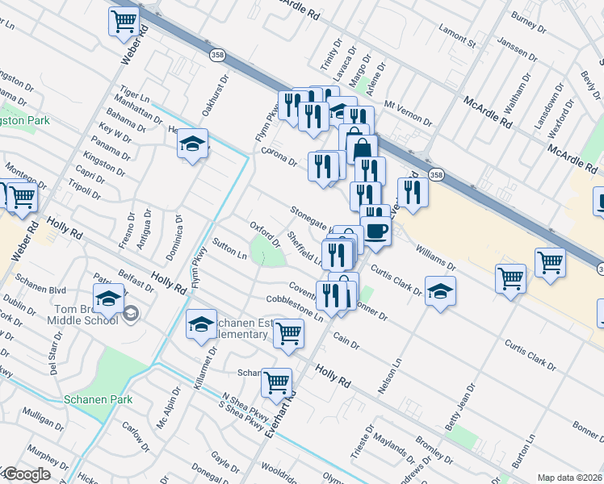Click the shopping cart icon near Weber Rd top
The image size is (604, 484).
(x=124, y=21)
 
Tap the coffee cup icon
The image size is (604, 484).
(x=375, y=232)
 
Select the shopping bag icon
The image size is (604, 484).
(x=361, y=149)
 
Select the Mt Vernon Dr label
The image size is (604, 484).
(x=409, y=111)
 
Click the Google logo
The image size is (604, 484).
(x=27, y=474)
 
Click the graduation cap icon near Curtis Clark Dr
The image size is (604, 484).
(x=439, y=290)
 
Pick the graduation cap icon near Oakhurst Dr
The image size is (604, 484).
(x=192, y=144)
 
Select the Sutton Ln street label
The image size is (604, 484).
(x=229, y=248)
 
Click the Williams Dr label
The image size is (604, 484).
(x=436, y=259)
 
